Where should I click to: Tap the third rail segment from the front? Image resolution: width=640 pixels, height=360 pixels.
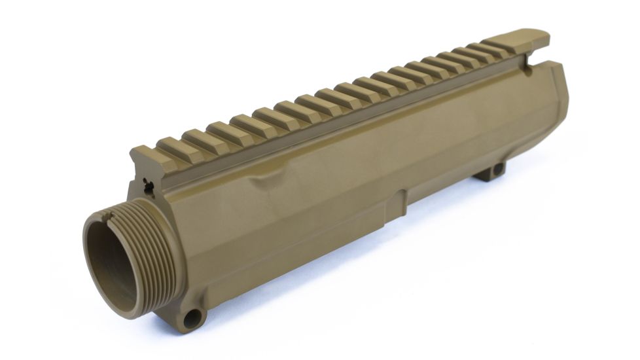click(x=196, y=137)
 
